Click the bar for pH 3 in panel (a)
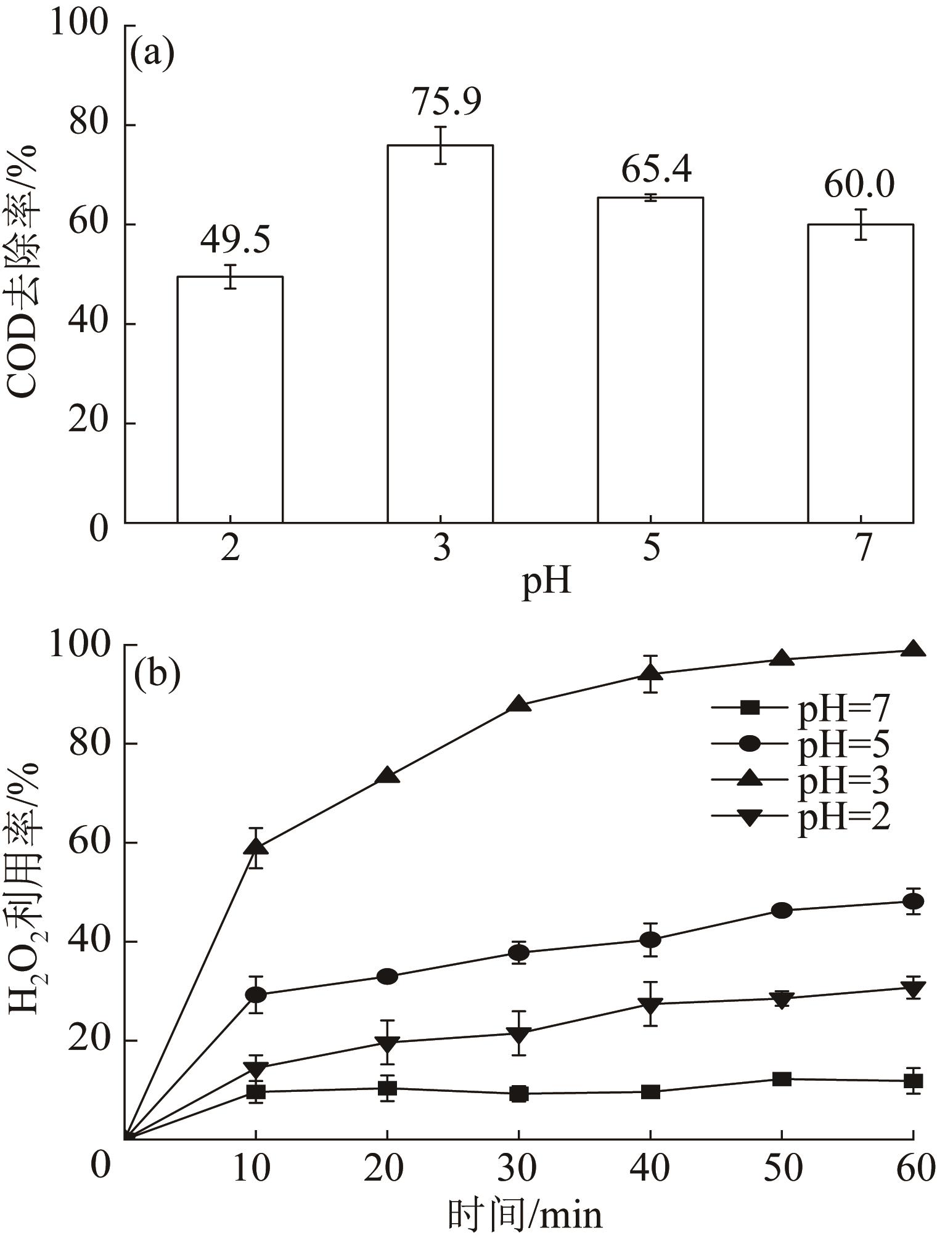pyautogui.click(x=440, y=333)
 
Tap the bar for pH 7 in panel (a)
pyautogui.click(x=861, y=373)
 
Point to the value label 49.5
pyautogui.click(x=235, y=240)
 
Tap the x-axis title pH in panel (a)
pyautogui.click(x=547, y=582)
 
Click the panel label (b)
pyautogui.click(x=157, y=673)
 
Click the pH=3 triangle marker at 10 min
pyautogui.click(x=256, y=847)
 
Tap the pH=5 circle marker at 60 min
pyautogui.click(x=912, y=901)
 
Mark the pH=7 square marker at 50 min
pyautogui.click(x=781, y=1079)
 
